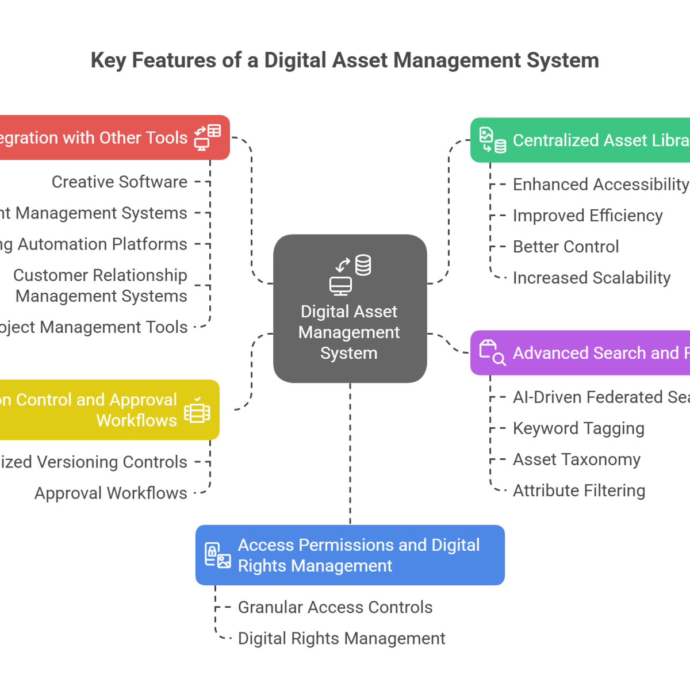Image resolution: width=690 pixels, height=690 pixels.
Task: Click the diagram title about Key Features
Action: coord(345,60)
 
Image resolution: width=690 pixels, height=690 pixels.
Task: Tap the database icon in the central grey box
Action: coord(363,265)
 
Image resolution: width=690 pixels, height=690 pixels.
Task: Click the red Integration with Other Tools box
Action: coord(115,138)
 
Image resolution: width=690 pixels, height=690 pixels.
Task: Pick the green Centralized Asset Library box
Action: coord(581,140)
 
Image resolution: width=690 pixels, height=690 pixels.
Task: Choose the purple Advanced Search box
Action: coord(581,353)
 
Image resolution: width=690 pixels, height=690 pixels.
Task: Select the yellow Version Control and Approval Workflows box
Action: coord(109,410)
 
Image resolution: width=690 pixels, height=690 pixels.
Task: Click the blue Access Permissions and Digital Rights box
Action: coord(350,555)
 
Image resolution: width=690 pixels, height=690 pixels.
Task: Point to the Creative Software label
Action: coord(120,182)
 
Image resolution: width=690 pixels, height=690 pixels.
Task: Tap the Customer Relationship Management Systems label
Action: coord(101,286)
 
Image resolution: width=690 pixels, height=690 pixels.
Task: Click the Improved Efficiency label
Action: coord(587,216)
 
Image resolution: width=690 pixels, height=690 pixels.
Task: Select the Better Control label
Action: coord(566,247)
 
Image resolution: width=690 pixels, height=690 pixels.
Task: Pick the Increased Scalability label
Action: coord(591,278)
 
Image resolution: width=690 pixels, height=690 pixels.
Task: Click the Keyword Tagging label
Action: coord(578,428)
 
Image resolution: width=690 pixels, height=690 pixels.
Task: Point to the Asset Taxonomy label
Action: coord(576,459)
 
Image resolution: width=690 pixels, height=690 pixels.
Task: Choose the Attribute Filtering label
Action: coord(578,490)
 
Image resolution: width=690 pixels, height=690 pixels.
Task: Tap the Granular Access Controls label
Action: coord(335,607)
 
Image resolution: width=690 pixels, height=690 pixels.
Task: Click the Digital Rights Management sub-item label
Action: coord(342,638)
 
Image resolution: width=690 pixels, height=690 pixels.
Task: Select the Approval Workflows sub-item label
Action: coord(111,493)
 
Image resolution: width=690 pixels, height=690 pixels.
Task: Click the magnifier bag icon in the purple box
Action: coord(492,352)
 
